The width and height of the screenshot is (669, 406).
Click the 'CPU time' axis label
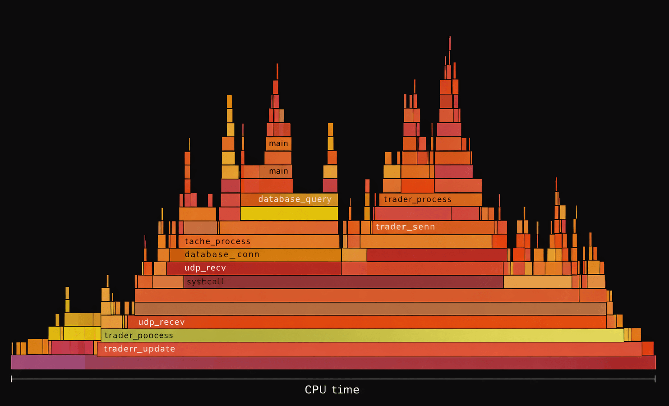click(x=332, y=390)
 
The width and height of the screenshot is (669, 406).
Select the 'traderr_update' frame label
click(x=139, y=349)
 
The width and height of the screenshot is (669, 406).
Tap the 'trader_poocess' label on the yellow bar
click(x=138, y=336)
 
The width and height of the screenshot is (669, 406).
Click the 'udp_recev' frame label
click(x=161, y=322)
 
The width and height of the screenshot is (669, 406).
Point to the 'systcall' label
click(x=205, y=282)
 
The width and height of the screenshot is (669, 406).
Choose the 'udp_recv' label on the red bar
click(x=205, y=268)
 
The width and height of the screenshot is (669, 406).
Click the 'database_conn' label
click(x=222, y=254)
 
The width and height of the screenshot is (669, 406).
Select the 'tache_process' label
click(x=217, y=241)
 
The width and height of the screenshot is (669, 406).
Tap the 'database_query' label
click(x=295, y=199)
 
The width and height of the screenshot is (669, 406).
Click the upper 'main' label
click(x=278, y=143)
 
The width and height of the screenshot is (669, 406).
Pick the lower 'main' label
click(x=278, y=171)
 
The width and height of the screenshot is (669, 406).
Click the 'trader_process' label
click(x=417, y=199)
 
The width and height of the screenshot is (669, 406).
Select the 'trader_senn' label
click(x=405, y=227)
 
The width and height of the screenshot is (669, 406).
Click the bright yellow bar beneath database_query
click(x=289, y=213)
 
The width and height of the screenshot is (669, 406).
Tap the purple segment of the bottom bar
click(x=48, y=362)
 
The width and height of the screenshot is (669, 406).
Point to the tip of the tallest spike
click(x=450, y=38)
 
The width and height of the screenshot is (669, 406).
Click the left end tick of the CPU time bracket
click(x=11, y=379)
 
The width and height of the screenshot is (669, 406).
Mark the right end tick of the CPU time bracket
click(x=655, y=379)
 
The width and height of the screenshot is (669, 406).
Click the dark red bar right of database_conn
click(x=436, y=255)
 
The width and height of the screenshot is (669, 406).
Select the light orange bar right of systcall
click(x=537, y=282)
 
